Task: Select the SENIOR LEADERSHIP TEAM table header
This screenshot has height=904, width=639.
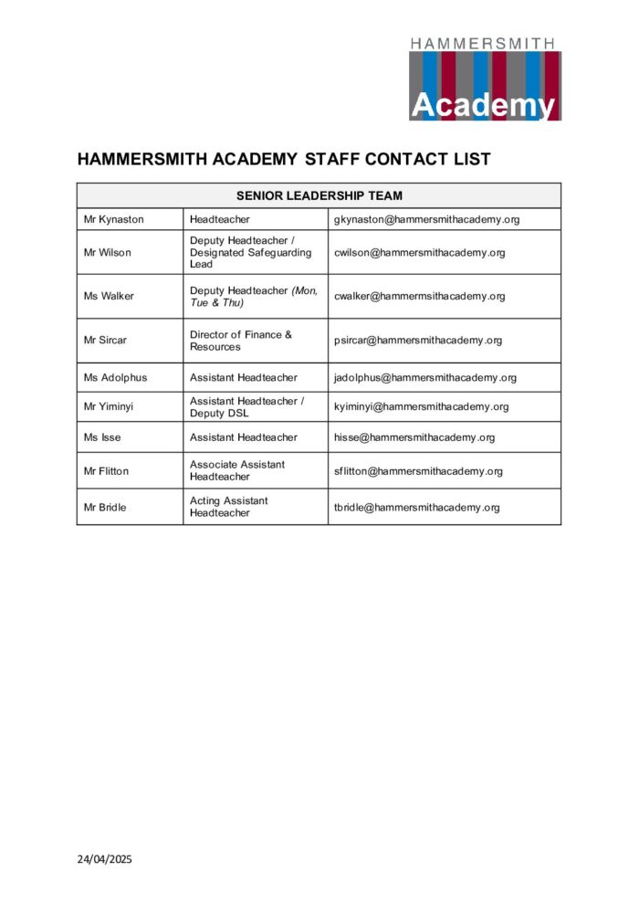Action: (x=319, y=195)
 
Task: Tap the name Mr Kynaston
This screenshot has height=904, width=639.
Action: (x=114, y=220)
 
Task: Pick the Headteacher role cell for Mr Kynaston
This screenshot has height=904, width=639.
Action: (x=220, y=220)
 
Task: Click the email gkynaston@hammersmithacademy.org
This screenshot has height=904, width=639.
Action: (x=426, y=220)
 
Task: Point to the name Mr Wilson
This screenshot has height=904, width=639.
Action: (x=108, y=253)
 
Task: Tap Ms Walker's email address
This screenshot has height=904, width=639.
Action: (x=419, y=296)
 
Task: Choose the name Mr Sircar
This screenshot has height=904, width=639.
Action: (x=106, y=341)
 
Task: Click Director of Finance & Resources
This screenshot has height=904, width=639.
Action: (x=241, y=341)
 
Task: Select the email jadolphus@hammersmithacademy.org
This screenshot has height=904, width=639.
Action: (x=425, y=377)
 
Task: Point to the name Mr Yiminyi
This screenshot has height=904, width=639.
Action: (x=109, y=406)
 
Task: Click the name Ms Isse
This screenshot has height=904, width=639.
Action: (x=102, y=437)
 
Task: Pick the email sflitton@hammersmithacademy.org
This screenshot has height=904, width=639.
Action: (x=418, y=471)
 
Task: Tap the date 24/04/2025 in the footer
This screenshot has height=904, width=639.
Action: (x=106, y=858)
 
